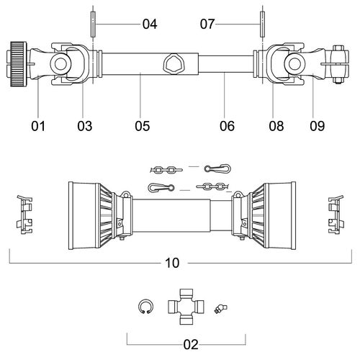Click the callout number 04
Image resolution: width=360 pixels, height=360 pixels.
(150, 24)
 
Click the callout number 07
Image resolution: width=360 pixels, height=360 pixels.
(207, 24)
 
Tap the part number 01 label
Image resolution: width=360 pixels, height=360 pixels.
(38, 126)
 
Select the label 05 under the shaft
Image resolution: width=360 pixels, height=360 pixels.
(143, 126)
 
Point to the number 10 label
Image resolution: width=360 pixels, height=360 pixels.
(172, 263)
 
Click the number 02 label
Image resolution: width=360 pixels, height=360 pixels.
(191, 345)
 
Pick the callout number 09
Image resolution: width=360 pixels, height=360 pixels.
(317, 126)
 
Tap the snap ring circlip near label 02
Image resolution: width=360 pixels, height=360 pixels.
(146, 307)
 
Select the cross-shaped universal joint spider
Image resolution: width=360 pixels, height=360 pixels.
(186, 307)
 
